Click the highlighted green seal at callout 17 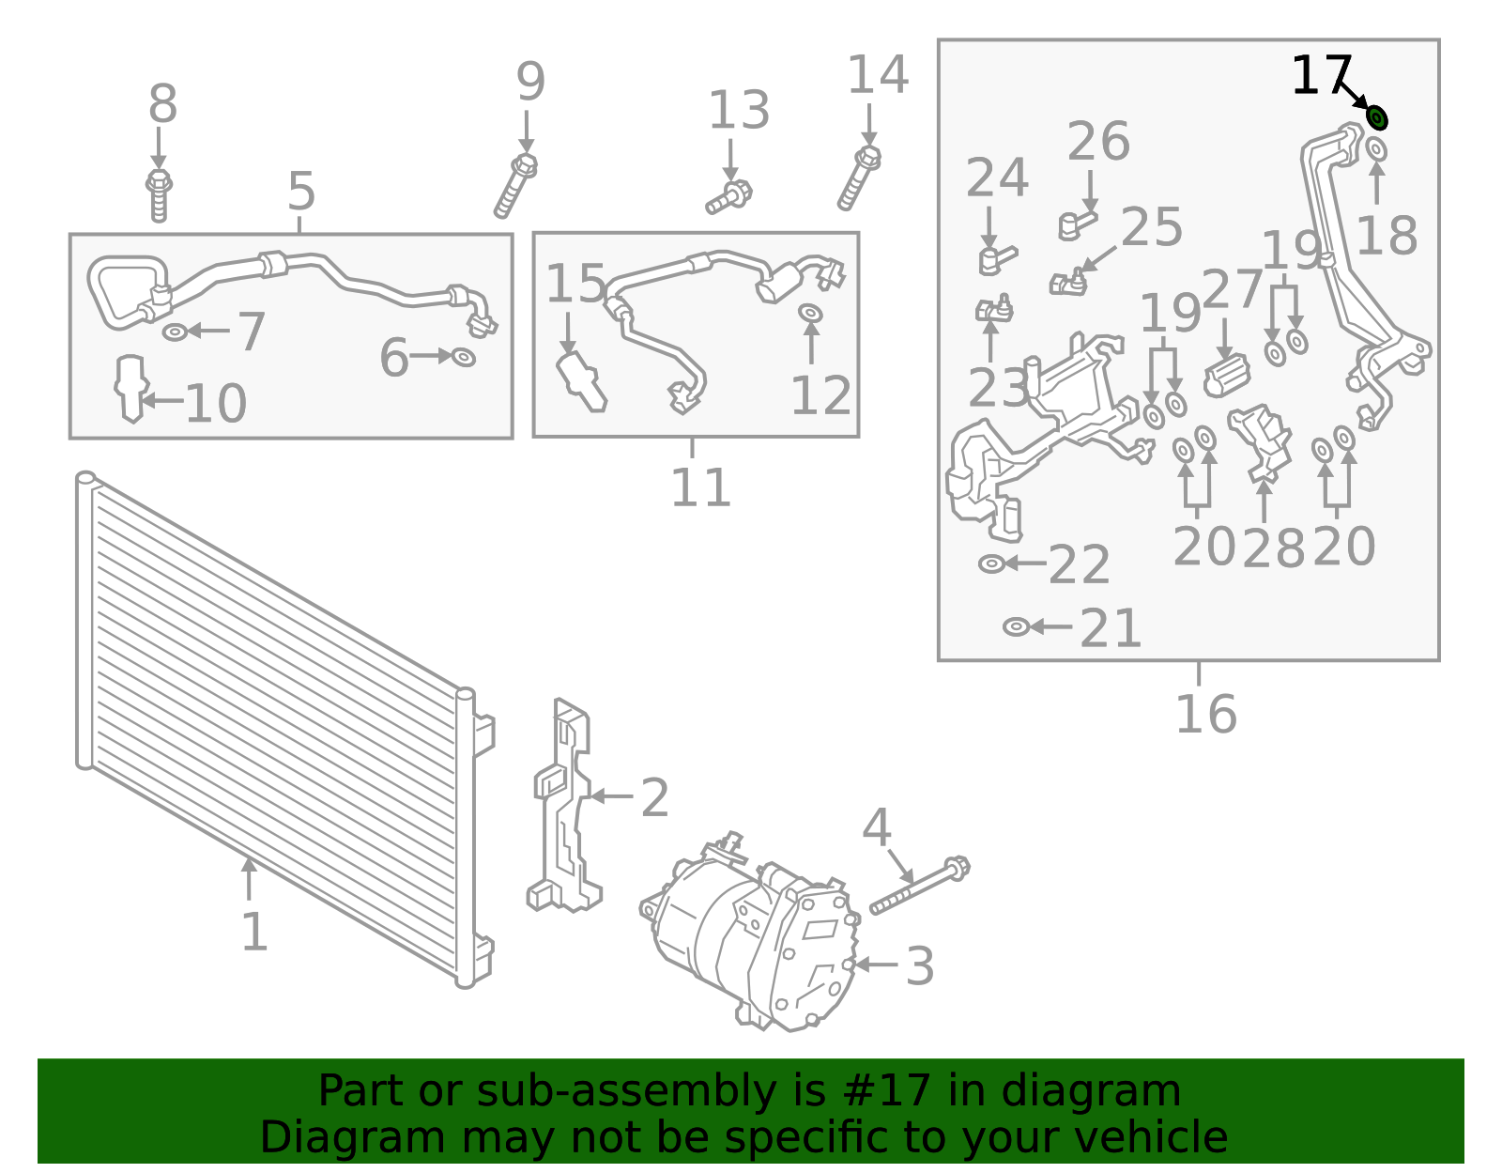tap(1376, 118)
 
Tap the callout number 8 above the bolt tap(162, 104)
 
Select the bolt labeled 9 tap(515, 186)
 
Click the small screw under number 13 tap(729, 198)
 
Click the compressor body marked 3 tap(751, 949)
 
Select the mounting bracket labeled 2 tap(562, 808)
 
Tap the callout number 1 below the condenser tap(253, 933)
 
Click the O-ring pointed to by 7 tap(176, 332)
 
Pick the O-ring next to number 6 tap(463, 357)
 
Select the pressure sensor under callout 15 tap(581, 381)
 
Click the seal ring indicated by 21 tap(1016, 626)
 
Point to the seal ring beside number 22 tap(991, 563)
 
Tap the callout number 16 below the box tap(1205, 715)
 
